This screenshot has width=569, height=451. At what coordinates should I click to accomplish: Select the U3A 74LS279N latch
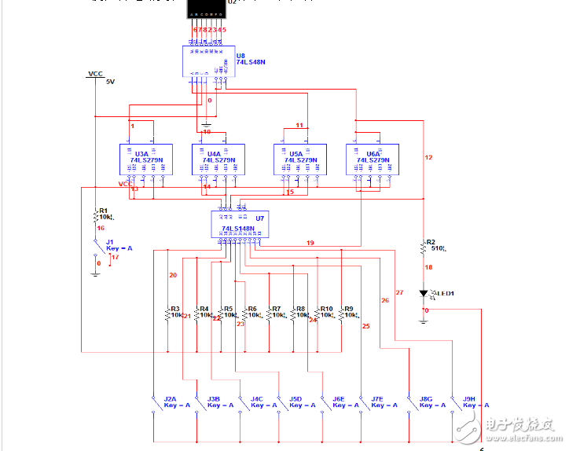tap(142, 159)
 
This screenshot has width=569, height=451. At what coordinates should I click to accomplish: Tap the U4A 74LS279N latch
tap(215, 159)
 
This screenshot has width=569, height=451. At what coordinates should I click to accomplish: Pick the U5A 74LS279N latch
tap(296, 159)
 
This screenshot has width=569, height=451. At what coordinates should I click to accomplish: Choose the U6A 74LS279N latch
tap(369, 159)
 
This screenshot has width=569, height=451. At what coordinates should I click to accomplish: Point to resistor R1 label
tap(103, 211)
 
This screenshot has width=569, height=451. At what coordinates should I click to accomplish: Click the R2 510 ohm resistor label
tap(431, 243)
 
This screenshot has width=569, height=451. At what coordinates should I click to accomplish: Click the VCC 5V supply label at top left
tap(96, 74)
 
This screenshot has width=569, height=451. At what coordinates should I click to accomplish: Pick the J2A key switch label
tap(170, 399)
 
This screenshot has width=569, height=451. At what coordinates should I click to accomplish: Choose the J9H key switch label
tap(470, 399)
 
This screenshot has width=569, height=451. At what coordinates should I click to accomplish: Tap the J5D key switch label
tap(296, 399)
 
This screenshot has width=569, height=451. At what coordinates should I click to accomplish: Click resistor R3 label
tap(175, 309)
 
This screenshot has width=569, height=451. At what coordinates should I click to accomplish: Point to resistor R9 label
tap(348, 309)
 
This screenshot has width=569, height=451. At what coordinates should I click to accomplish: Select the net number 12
tap(428, 158)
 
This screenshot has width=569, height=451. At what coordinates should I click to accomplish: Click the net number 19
tap(310, 243)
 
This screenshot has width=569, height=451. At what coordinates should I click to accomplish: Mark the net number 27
tap(399, 292)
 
